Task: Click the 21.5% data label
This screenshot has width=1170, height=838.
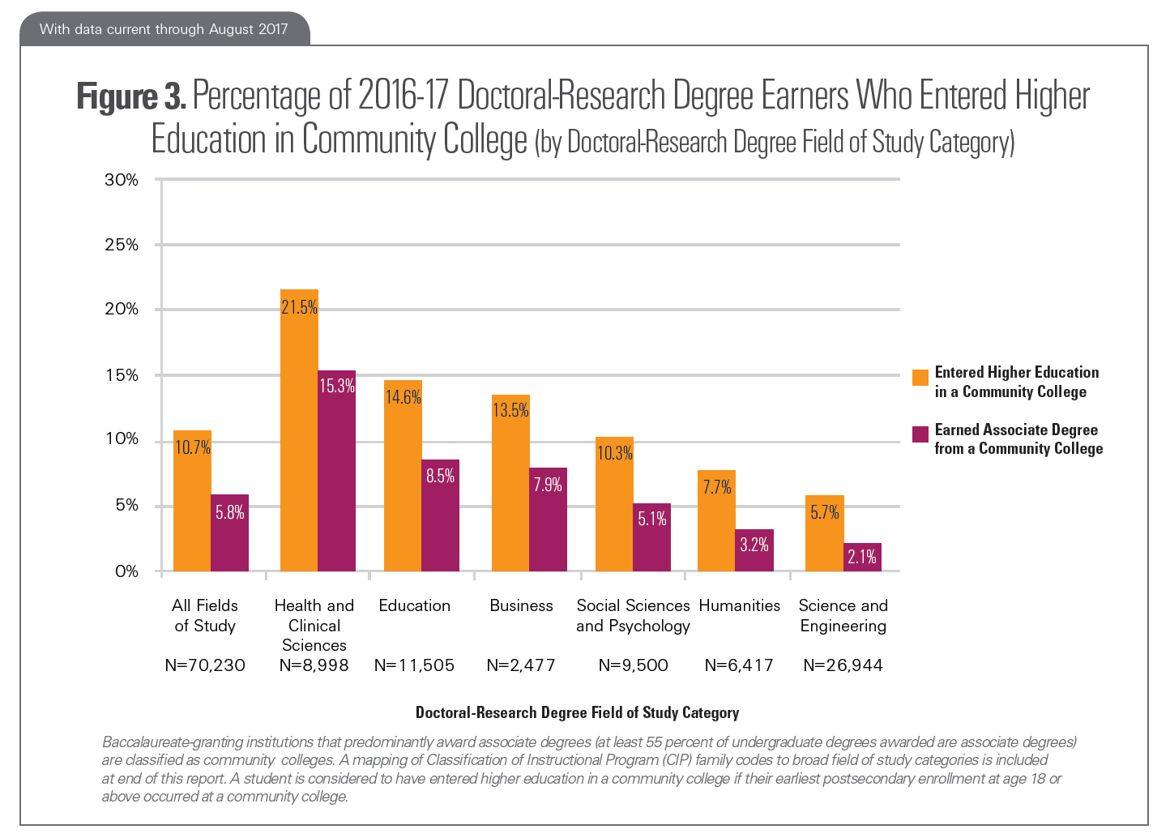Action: click(x=299, y=307)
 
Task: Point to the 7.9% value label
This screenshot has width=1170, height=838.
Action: click(x=548, y=485)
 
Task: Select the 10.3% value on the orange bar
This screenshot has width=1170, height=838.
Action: click(x=614, y=453)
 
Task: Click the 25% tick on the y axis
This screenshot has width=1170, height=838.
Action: click(x=122, y=245)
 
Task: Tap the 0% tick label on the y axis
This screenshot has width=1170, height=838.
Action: click(x=126, y=571)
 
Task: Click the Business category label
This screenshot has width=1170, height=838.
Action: click(x=521, y=605)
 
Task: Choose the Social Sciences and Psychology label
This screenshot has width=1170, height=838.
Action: click(x=633, y=615)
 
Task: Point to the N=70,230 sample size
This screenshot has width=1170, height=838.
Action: click(x=205, y=665)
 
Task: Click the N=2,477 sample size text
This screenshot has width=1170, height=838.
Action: click(x=521, y=665)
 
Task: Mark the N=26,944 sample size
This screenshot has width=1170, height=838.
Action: click(x=843, y=665)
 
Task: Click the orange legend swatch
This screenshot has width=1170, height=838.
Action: click(x=920, y=378)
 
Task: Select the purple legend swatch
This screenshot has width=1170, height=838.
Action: click(x=920, y=434)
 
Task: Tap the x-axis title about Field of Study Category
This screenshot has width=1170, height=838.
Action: click(x=577, y=712)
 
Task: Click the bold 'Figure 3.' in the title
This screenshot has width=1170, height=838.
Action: click(x=131, y=96)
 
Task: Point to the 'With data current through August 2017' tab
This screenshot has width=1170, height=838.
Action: click(x=164, y=29)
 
